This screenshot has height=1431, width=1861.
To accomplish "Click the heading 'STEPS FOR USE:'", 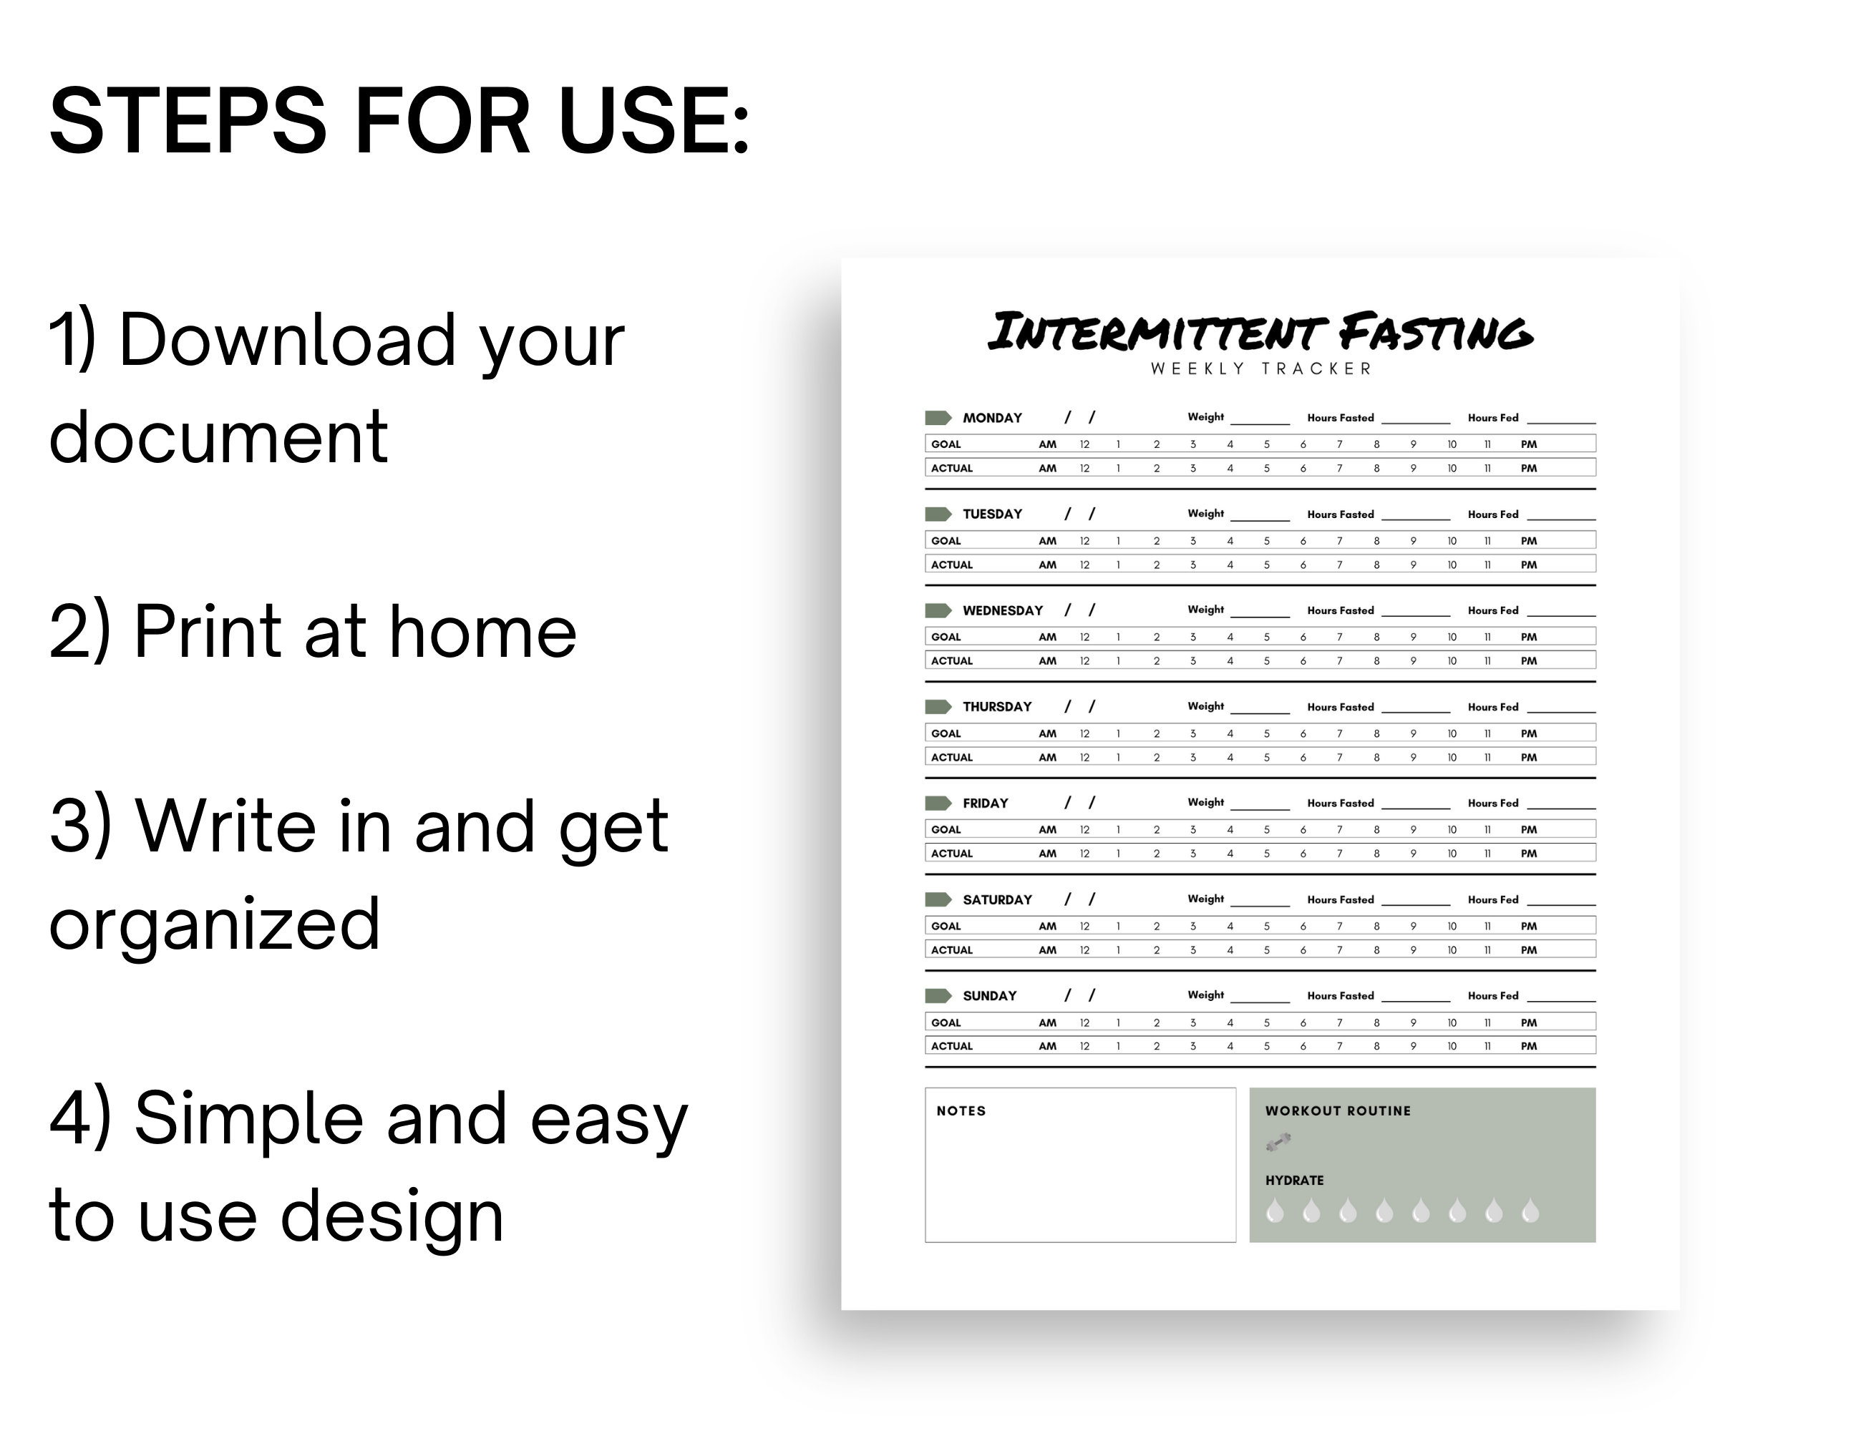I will (399, 121).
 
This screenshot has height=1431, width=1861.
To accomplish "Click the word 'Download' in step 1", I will (287, 341).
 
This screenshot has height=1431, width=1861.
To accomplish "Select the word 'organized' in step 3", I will (214, 925).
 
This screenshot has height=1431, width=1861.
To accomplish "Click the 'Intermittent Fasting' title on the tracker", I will (1260, 332).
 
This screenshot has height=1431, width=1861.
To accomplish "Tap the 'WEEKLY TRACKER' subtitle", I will (1260, 368).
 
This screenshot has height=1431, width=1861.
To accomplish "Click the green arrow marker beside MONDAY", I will (938, 417).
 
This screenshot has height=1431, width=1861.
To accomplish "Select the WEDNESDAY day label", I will (1002, 611).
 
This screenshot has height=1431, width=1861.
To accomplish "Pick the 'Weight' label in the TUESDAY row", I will (1205, 514).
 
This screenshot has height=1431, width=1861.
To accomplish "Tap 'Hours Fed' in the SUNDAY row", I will (1493, 996).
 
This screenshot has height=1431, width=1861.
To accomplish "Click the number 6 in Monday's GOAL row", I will (1303, 444).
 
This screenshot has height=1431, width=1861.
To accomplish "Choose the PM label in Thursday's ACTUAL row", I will (1529, 757).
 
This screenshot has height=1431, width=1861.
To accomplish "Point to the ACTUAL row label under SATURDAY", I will (951, 949).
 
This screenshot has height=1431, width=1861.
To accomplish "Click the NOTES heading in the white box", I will (961, 1110).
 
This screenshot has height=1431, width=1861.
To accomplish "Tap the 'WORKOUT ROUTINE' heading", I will (1338, 1110).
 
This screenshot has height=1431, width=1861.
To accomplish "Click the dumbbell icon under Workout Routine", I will (1278, 1142).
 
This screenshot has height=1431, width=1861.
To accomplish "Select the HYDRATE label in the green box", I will (1294, 1181).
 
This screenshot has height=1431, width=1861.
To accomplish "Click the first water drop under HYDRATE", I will (1275, 1211).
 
